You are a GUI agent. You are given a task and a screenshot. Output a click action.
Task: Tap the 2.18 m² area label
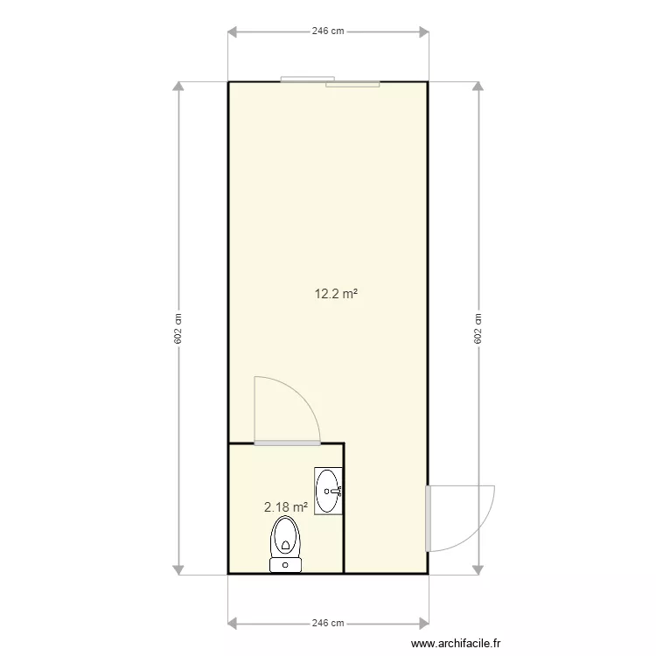286,506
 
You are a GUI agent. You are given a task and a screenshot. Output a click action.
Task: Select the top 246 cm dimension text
328,31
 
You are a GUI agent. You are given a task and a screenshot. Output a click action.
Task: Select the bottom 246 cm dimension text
328,624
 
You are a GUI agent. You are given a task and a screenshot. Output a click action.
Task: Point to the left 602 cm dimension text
178,329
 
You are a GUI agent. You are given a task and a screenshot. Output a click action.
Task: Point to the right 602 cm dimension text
478,329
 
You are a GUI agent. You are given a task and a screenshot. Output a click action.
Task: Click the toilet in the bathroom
286,538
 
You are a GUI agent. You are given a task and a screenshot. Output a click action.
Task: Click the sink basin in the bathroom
328,490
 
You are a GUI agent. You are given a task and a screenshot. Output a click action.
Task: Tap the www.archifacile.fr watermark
457,644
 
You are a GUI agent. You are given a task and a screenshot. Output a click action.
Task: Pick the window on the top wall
331,81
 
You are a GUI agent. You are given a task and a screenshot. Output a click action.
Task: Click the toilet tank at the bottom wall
286,565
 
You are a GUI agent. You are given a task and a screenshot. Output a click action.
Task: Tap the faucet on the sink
337,491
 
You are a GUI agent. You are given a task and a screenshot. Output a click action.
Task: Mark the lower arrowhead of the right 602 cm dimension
478,569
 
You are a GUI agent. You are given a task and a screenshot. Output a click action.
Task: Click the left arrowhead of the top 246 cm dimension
234,32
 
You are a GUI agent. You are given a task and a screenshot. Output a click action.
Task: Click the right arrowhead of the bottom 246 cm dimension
423,624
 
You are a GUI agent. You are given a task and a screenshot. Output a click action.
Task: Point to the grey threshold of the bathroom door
286,443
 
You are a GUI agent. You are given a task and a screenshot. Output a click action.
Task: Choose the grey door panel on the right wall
429,519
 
